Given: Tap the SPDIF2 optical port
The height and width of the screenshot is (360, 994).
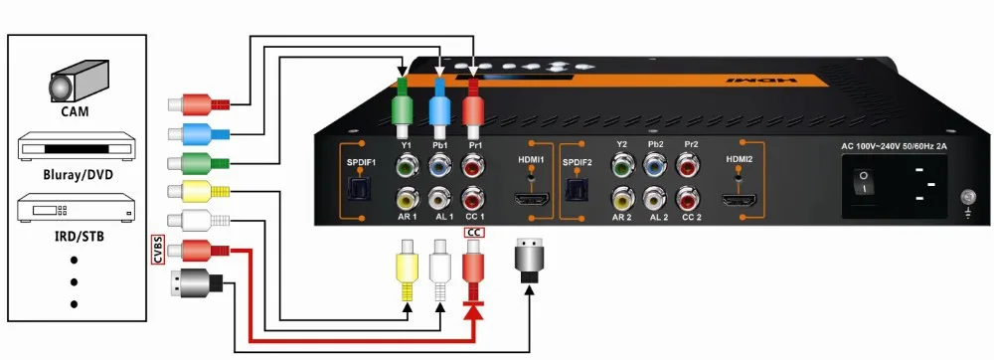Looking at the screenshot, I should (576, 190).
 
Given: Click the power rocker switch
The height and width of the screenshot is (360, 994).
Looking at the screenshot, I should (865, 182).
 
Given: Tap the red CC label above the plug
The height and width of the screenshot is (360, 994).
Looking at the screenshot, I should (473, 233).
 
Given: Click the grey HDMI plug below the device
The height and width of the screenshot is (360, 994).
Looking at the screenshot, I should (529, 258).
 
